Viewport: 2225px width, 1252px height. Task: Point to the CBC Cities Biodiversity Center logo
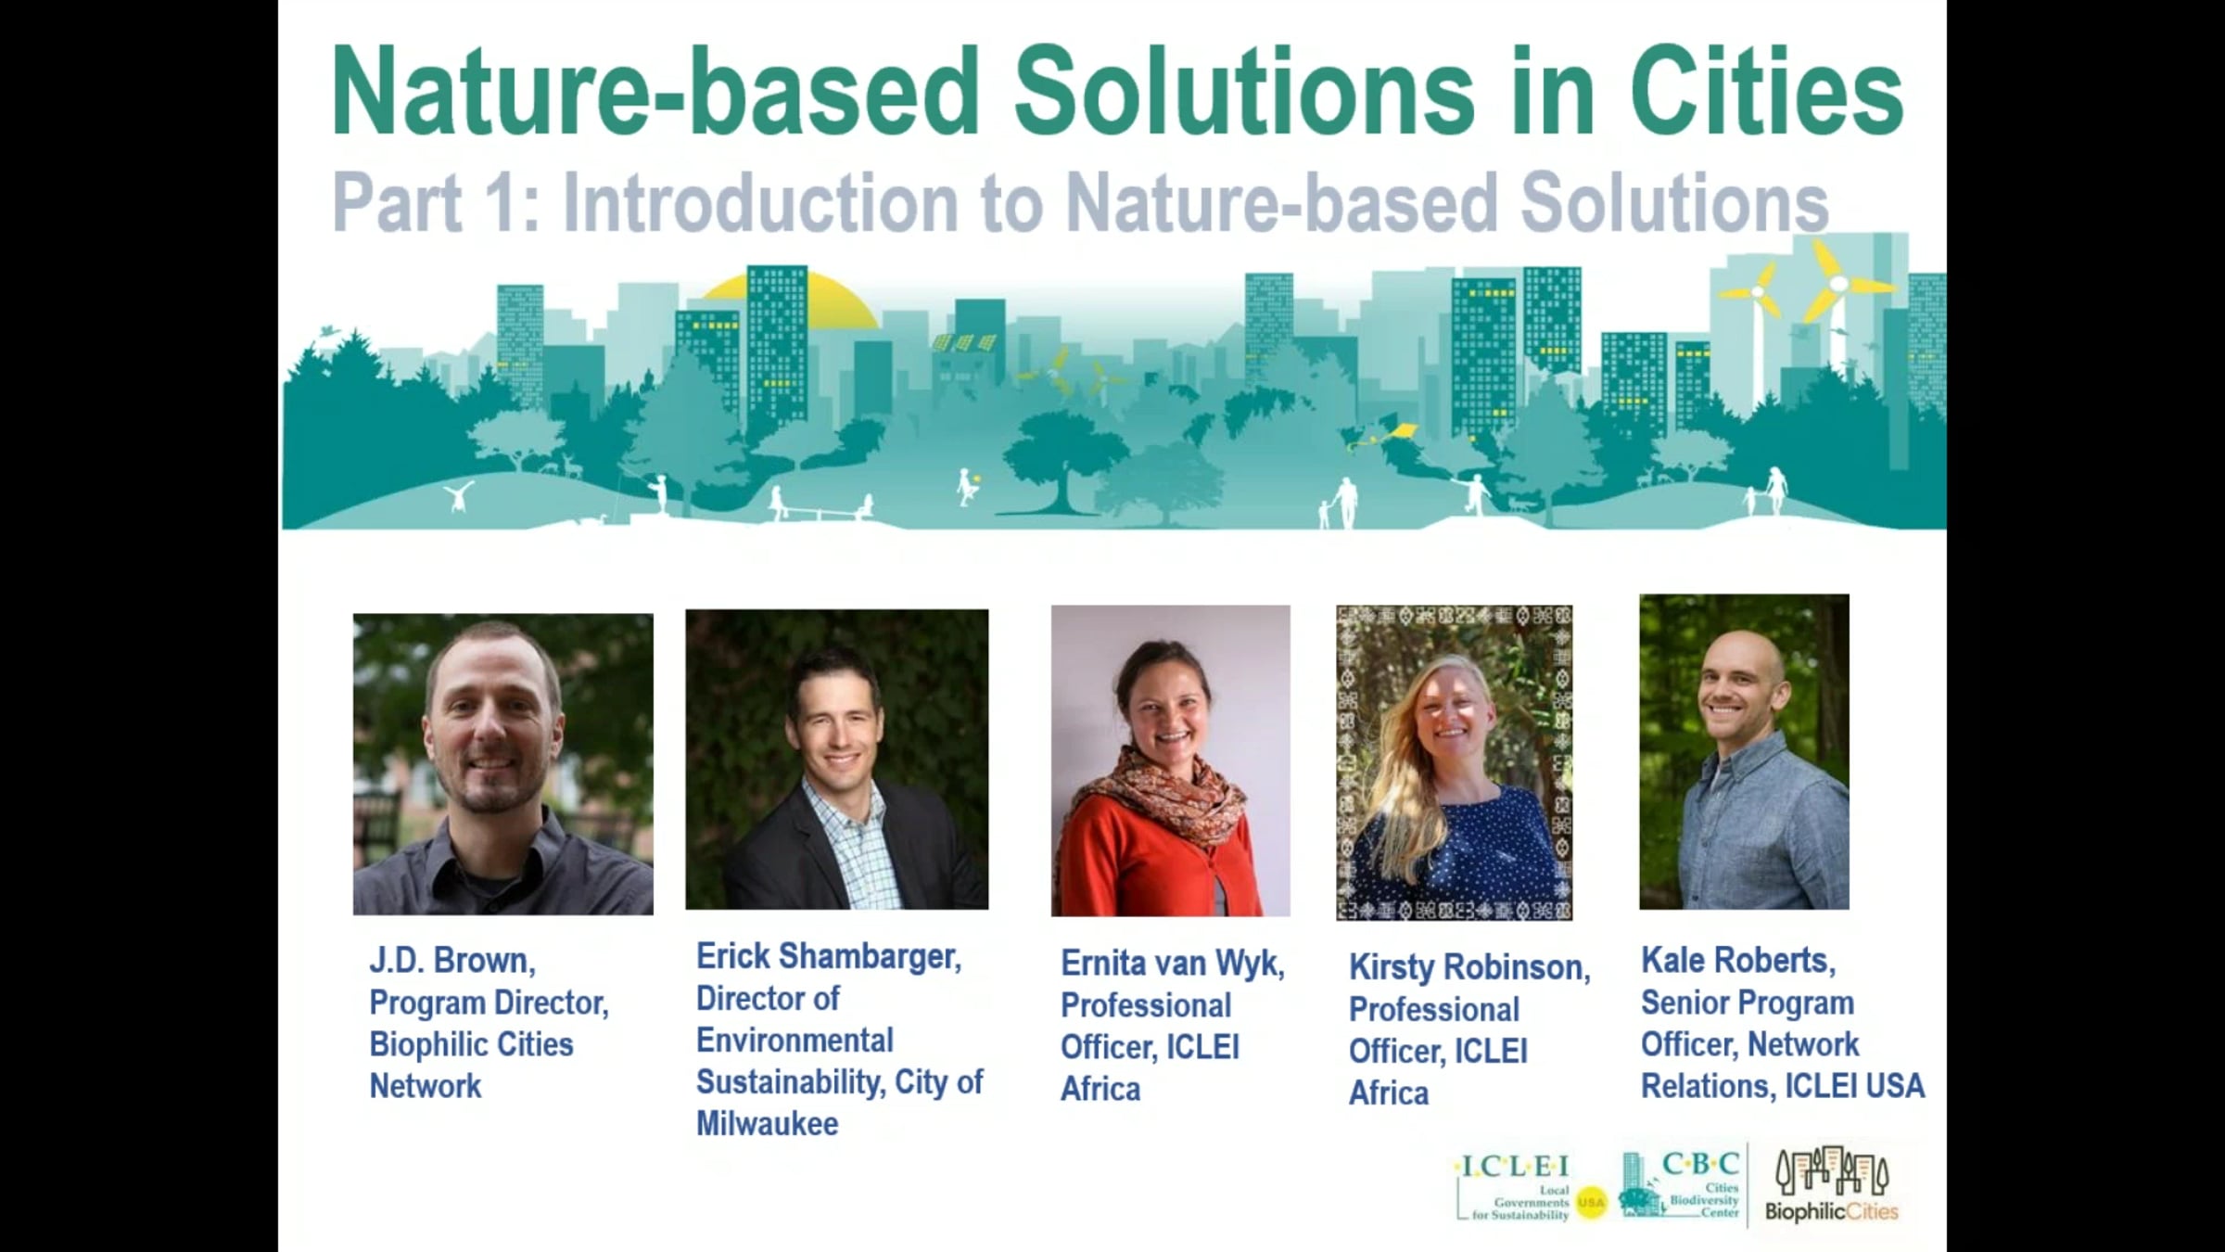pyautogui.click(x=1679, y=1184)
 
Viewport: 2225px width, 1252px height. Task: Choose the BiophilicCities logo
pyautogui.click(x=1831, y=1184)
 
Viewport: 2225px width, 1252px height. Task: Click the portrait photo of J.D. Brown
pyautogui.click(x=502, y=764)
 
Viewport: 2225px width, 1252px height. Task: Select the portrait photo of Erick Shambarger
pyautogui.click(x=837, y=760)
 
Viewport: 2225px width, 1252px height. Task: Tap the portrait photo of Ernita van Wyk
pyautogui.click(x=1170, y=760)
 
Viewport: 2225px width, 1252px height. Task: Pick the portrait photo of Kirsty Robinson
pyautogui.click(x=1454, y=762)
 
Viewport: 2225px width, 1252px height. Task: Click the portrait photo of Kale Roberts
pyautogui.click(x=1744, y=752)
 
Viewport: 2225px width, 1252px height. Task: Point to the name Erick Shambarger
pyautogui.click(x=829, y=956)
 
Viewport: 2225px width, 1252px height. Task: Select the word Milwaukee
pyautogui.click(x=768, y=1124)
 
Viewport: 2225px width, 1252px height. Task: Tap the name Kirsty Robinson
pyautogui.click(x=1469, y=967)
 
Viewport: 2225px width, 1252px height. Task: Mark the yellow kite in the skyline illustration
pyautogui.click(x=1400, y=432)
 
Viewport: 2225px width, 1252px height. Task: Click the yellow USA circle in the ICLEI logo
pyautogui.click(x=1591, y=1203)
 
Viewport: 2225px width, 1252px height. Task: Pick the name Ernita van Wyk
pyautogui.click(x=1173, y=964)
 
